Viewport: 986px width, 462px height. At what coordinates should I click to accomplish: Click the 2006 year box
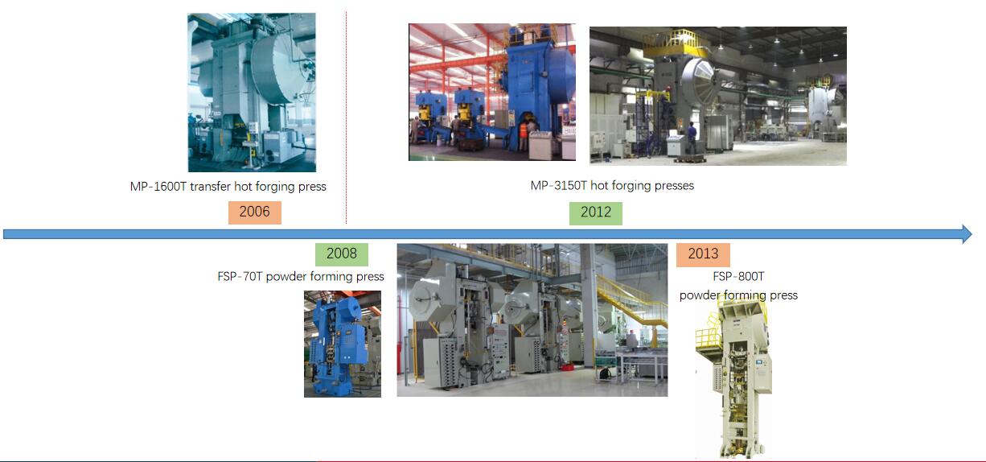(254, 212)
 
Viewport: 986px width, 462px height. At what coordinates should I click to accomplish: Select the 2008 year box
(342, 254)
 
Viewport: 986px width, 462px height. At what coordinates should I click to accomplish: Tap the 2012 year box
(596, 213)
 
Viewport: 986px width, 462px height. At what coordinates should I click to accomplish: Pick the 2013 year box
(703, 254)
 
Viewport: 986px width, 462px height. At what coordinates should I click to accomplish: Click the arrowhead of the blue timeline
(967, 234)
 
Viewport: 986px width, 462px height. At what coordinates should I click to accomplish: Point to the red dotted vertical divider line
(346, 118)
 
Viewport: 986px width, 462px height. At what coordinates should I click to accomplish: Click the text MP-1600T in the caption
(158, 186)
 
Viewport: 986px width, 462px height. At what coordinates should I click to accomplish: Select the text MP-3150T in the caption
(559, 185)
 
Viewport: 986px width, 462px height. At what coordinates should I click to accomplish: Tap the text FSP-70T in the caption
(240, 277)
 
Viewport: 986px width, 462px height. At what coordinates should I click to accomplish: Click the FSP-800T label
(738, 277)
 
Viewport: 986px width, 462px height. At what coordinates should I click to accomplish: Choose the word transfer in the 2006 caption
(211, 186)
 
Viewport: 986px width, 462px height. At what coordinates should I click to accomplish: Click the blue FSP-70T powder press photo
(343, 344)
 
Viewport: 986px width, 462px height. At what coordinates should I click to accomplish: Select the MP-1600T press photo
(252, 93)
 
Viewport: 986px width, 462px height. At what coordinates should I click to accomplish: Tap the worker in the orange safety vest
(523, 135)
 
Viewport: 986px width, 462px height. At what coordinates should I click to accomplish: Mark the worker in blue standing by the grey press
(692, 138)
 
